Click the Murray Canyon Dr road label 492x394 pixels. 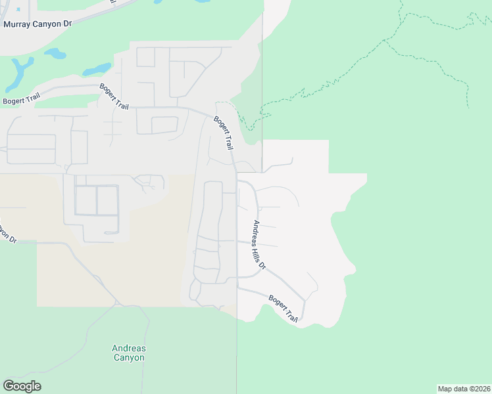37,24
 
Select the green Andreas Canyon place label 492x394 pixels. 129,353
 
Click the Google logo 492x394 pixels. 22,386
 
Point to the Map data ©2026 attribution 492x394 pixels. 464,388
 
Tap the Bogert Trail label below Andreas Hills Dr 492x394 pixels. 283,309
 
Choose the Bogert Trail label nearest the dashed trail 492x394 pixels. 224,132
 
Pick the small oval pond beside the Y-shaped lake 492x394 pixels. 56,55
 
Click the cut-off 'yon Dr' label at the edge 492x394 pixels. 7,232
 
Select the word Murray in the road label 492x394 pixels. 18,24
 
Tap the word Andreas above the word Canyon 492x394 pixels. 129,348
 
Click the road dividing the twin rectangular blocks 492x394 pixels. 97,200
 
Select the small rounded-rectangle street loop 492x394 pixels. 164,125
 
